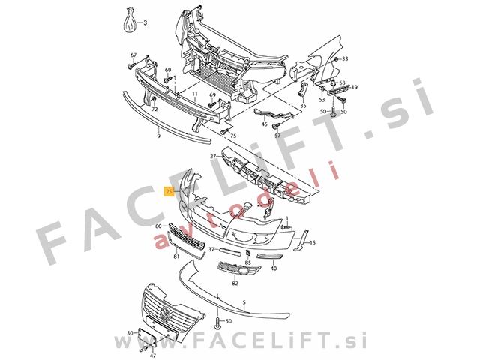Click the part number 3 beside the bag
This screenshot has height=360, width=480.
[x=145, y=23]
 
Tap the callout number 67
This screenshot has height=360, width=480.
[x=133, y=55]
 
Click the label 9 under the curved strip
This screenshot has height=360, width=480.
[x=159, y=137]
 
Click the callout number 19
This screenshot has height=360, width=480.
[x=355, y=87]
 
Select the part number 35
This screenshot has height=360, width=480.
[x=303, y=107]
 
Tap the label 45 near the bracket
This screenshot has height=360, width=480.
[x=264, y=124]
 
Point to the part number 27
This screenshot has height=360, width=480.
[x=214, y=156]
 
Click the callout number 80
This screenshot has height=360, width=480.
[x=158, y=226]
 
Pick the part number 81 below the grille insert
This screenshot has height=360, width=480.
[x=176, y=257]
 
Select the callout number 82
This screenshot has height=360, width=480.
[x=235, y=283]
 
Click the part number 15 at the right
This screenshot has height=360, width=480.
[x=313, y=243]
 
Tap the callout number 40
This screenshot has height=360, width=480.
[x=274, y=268]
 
